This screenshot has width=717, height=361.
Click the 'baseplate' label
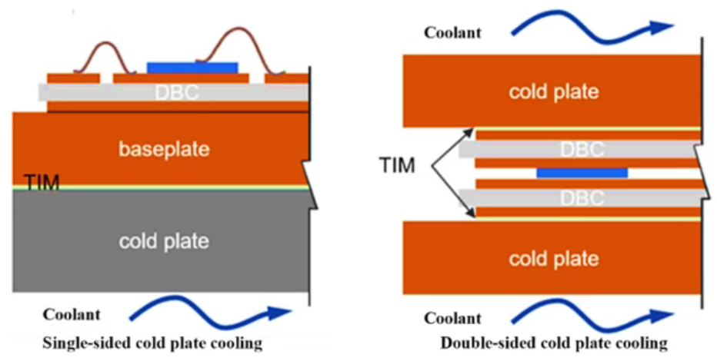pyautogui.click(x=163, y=148)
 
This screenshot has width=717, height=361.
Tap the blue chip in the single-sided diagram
pyautogui.click(x=192, y=68)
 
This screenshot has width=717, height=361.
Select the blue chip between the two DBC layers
pyautogui.click(x=582, y=173)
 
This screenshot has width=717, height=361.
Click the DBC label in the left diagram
pyautogui.click(x=177, y=92)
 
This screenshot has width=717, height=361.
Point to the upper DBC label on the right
pyautogui.click(x=582, y=149)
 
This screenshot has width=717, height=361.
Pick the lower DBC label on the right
pyautogui.click(x=582, y=197)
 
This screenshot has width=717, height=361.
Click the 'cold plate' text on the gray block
pyautogui.click(x=163, y=241)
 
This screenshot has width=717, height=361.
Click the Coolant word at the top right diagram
pyautogui.click(x=452, y=32)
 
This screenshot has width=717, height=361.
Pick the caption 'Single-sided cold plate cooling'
pyautogui.click(x=152, y=343)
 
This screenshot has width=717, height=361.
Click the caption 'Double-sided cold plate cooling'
pyautogui.click(x=554, y=343)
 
